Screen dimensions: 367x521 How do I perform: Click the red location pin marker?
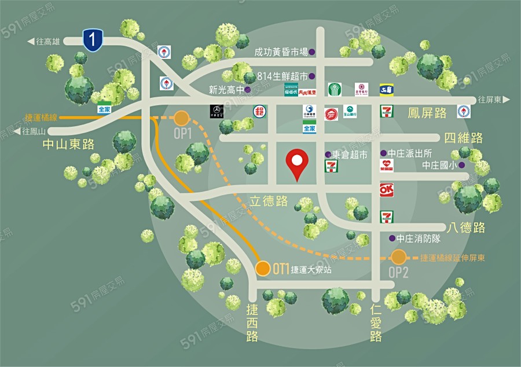(x=298, y=163)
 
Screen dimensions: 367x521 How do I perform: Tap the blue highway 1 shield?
(x=93, y=39)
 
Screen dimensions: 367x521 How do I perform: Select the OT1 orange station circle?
(x=263, y=268)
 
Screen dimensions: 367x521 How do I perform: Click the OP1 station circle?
(x=182, y=119)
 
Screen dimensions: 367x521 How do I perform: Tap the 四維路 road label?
(x=463, y=138)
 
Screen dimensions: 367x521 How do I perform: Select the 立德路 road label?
(x=269, y=201)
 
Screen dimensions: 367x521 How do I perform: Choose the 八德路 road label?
(x=466, y=227)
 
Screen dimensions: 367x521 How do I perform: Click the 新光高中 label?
(x=226, y=90)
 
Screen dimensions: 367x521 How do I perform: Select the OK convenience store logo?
(x=386, y=189)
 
